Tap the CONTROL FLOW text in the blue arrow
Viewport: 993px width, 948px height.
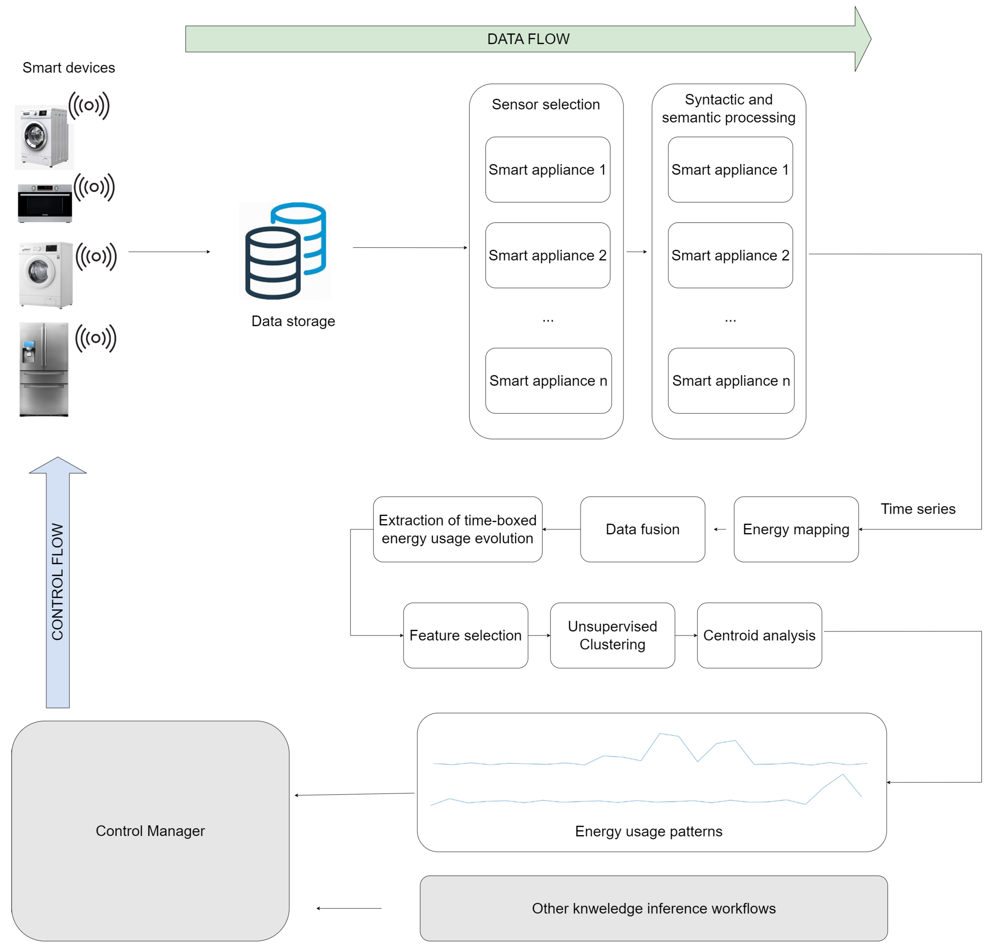pos(58,581)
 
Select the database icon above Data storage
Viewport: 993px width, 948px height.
pos(285,251)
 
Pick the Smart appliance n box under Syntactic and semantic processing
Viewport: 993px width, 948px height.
pos(730,381)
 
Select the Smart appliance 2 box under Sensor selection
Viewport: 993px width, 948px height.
pos(547,255)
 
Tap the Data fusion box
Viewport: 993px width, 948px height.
pos(642,529)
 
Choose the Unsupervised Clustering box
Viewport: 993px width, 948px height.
pos(612,635)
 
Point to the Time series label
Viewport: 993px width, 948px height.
pos(917,509)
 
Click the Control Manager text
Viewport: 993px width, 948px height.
pos(150,831)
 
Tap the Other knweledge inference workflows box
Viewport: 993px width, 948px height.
pos(653,908)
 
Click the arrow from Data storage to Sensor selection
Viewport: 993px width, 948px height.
pos(409,248)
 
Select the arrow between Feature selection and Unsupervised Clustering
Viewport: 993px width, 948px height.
pos(539,635)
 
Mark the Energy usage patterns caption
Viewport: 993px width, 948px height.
pos(648,831)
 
